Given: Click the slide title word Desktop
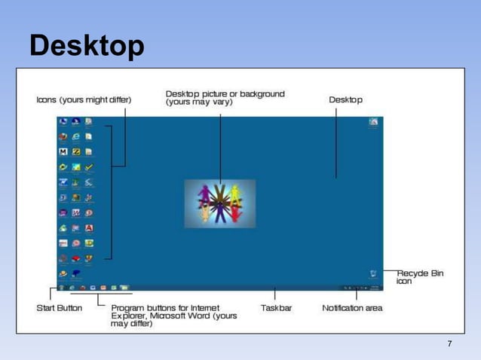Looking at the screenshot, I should coord(87,47).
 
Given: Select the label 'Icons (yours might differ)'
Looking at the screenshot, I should coord(84,99).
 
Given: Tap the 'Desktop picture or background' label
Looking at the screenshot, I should coord(225,98).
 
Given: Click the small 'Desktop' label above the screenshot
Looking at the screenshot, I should coord(345,99).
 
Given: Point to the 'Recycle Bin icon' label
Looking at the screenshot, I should coord(420,276).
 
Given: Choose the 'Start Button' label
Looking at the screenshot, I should coord(60,308).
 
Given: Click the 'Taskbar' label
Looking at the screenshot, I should coord(276,308).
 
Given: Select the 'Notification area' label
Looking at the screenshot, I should coord(352,308).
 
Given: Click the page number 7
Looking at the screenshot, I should coord(449,344).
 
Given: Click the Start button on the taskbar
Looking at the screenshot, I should coord(60,288).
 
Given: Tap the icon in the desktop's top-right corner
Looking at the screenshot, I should coord(373,122).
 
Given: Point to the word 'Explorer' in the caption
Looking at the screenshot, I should coord(129,316).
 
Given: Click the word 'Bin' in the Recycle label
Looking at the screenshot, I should coord(437,273).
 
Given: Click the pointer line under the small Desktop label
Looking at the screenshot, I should coord(336,143).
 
